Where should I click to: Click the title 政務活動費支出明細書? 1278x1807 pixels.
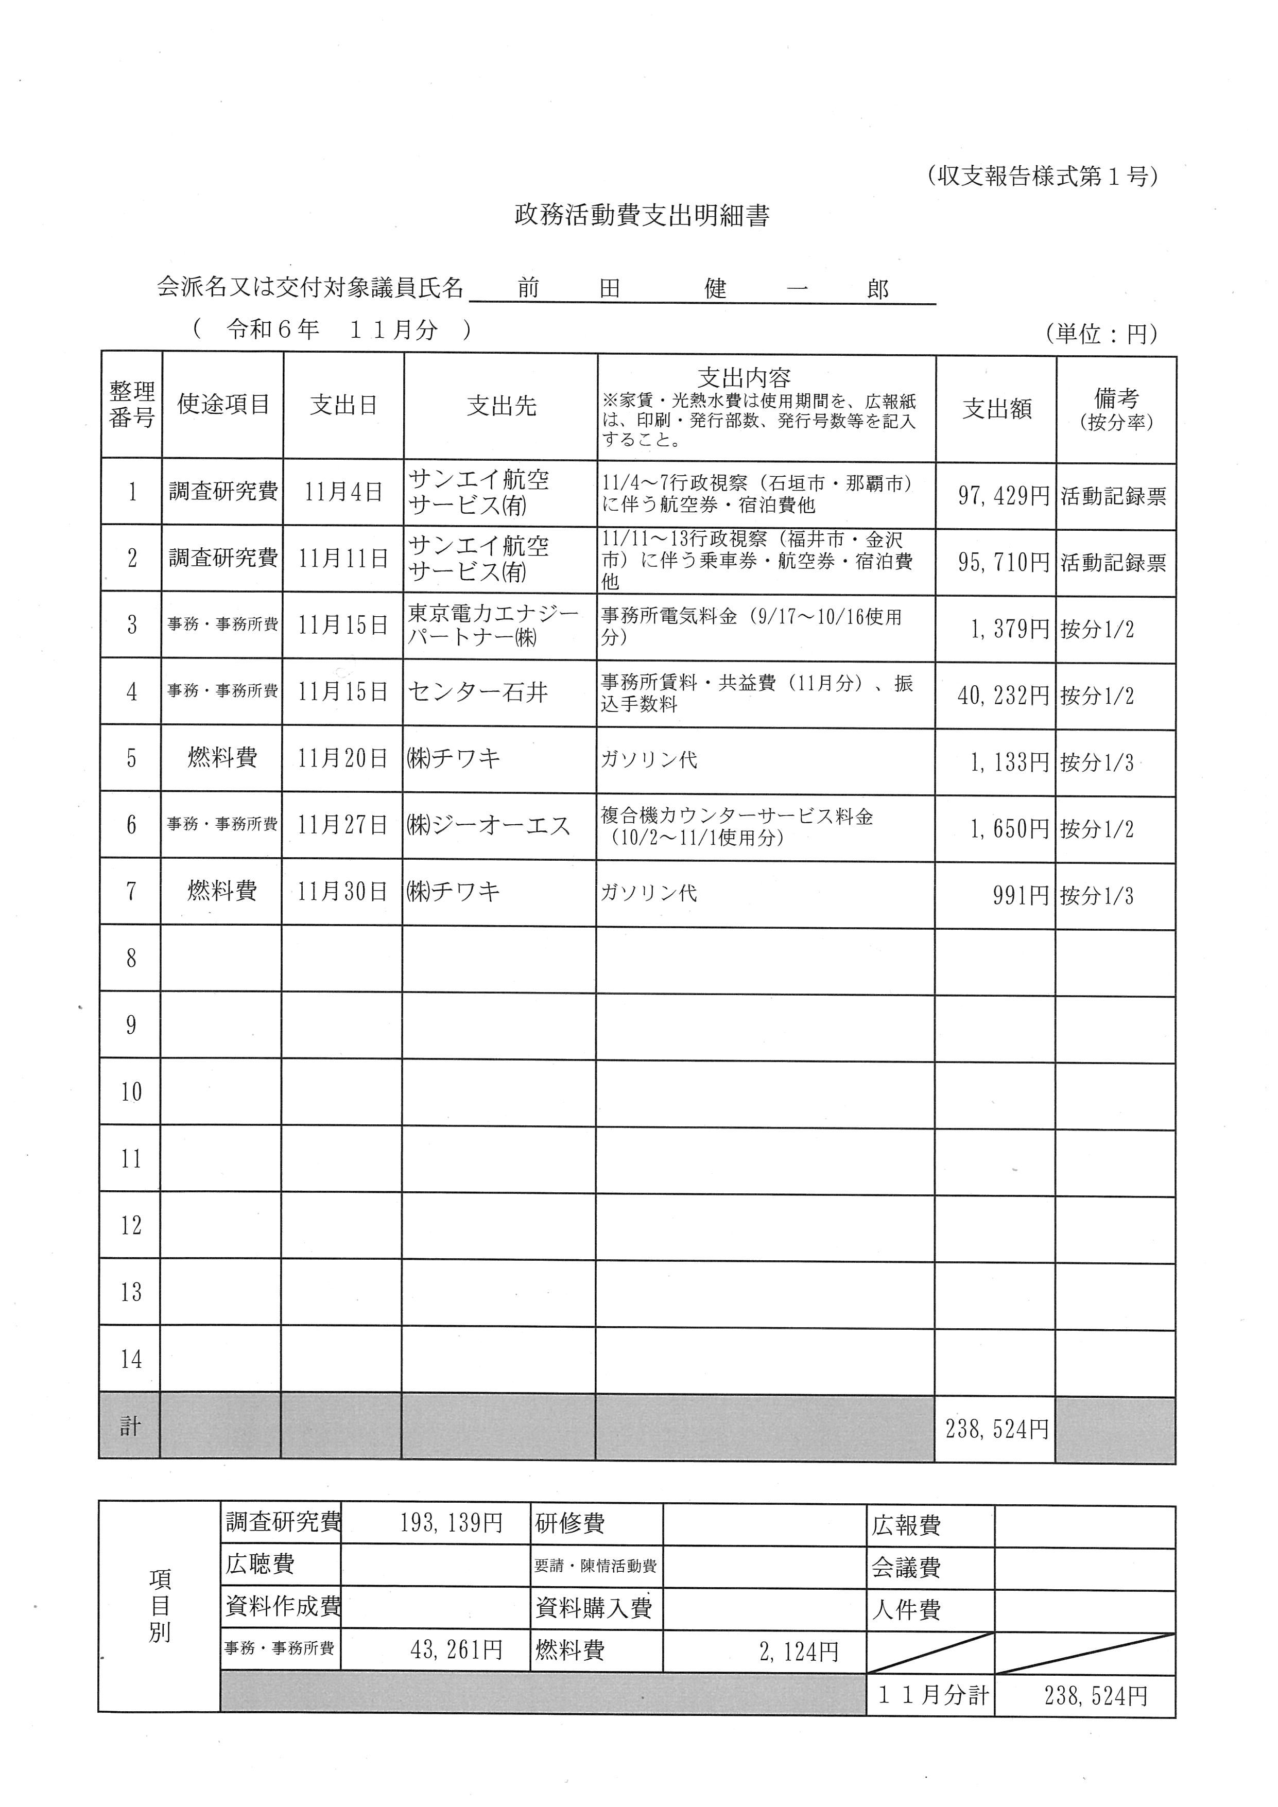[642, 216]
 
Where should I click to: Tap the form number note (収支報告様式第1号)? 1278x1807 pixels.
[1042, 176]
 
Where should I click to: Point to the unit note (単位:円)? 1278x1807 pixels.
[1102, 335]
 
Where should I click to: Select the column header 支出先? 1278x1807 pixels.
[502, 406]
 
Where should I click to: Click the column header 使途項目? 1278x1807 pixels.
[223, 405]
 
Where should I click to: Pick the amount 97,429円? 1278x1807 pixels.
[1004, 496]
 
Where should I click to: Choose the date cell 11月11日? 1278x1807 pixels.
[344, 559]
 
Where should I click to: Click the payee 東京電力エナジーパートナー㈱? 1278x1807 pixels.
[493, 625]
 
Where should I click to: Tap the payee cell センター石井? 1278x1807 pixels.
[478, 692]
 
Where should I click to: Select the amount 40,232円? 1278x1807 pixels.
[1004, 696]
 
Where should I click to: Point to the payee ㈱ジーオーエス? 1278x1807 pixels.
[488, 826]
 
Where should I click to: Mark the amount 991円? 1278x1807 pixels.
[1021, 896]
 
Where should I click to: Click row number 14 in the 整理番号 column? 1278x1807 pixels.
[131, 1359]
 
